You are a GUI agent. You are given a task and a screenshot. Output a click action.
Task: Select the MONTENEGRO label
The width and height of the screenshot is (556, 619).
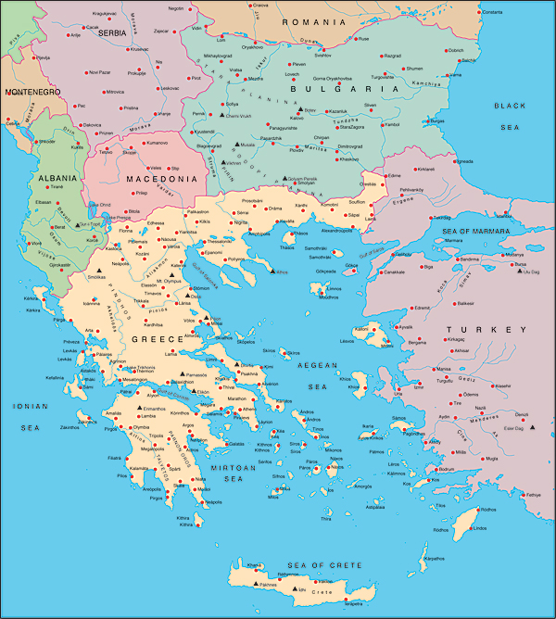pos(32,93)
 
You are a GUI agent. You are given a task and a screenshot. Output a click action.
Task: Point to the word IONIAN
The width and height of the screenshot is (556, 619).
pos(24,406)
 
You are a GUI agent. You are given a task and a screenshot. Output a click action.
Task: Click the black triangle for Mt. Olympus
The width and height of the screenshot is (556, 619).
pos(158,274)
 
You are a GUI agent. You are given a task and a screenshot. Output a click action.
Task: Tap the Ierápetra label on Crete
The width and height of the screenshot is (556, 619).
pos(352,603)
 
